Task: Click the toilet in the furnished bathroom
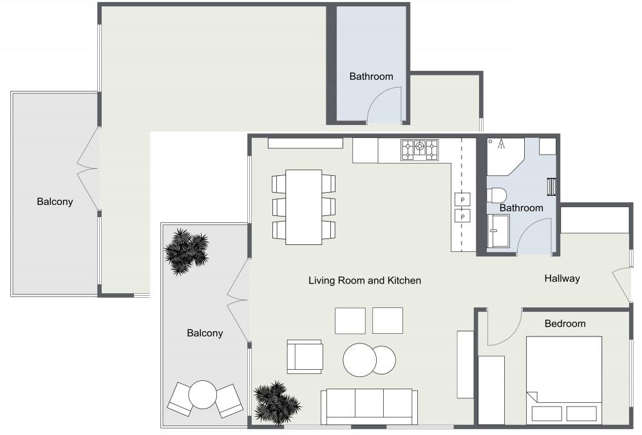pyautogui.click(x=496, y=195)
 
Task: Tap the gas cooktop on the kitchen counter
pyautogui.click(x=419, y=150)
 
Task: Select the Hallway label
pyautogui.click(x=562, y=278)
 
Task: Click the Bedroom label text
pyautogui.click(x=565, y=324)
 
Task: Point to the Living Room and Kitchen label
pyautogui.click(x=364, y=280)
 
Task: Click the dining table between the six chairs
pyautogui.click(x=303, y=207)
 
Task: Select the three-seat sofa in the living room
pyautogui.click(x=369, y=406)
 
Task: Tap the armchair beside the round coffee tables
pyautogui.click(x=305, y=356)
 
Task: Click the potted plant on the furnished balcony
pyautogui.click(x=187, y=251)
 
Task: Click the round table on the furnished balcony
pyautogui.click(x=203, y=394)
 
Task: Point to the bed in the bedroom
pyautogui.click(x=564, y=380)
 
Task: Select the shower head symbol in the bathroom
pyautogui.click(x=500, y=144)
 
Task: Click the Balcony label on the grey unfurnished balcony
pyautogui.click(x=55, y=202)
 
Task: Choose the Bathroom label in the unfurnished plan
pyautogui.click(x=371, y=76)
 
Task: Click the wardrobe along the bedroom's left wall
pyautogui.click(x=491, y=389)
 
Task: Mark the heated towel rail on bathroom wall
pyautogui.click(x=551, y=186)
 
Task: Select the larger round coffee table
pyautogui.click(x=359, y=360)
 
